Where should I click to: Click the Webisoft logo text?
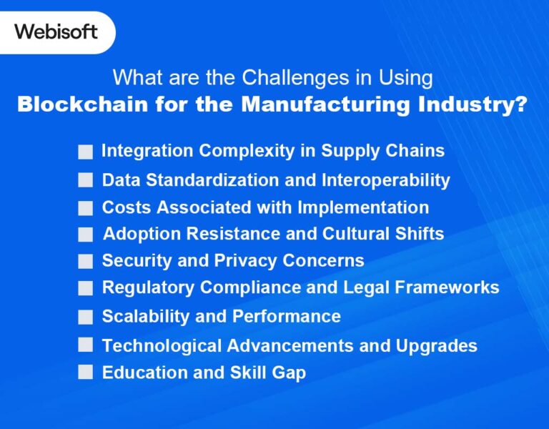56,32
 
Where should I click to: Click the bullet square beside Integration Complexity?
86,152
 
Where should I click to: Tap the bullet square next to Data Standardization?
86,180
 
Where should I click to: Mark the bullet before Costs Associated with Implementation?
86,208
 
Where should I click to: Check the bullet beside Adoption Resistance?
86,235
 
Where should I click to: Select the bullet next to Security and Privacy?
86,261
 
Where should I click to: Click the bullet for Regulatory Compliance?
86,288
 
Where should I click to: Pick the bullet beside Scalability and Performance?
86,317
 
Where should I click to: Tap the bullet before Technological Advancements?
86,345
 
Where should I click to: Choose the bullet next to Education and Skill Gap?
86,373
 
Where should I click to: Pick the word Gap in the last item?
290,373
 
